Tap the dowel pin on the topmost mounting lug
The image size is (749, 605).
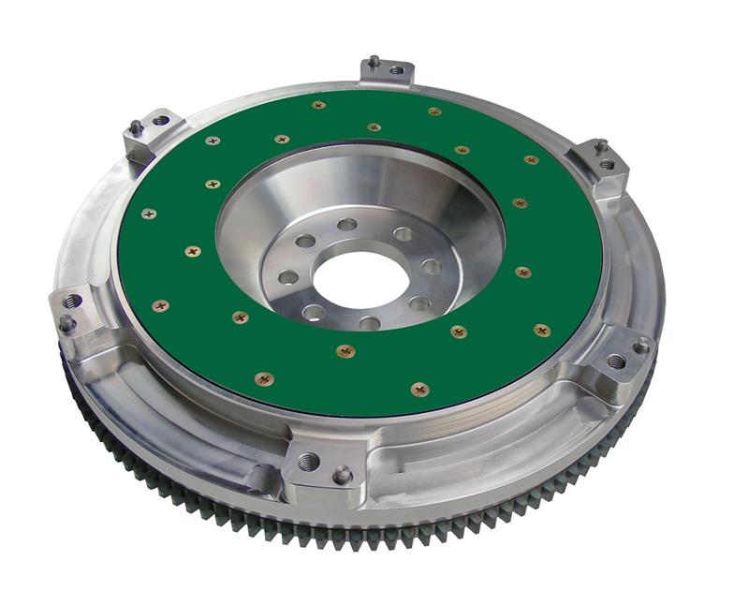374,62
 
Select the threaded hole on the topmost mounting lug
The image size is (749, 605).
396,69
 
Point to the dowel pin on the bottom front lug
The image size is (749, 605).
343,474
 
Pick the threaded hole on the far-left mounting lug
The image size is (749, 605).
72,302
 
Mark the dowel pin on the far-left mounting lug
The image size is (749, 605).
66,322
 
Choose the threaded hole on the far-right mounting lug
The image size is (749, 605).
615,361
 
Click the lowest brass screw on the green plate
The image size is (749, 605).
264,379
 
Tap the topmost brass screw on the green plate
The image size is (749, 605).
318,105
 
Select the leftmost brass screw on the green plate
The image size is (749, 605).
149,214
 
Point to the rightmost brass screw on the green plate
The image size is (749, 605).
541,330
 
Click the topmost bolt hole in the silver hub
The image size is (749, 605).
347,225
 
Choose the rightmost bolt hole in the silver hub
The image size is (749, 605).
430,267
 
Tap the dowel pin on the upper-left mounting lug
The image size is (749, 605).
137,125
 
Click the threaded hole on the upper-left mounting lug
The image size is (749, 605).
161,121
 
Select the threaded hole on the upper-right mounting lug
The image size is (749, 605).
607,165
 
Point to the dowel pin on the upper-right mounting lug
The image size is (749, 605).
600,146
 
